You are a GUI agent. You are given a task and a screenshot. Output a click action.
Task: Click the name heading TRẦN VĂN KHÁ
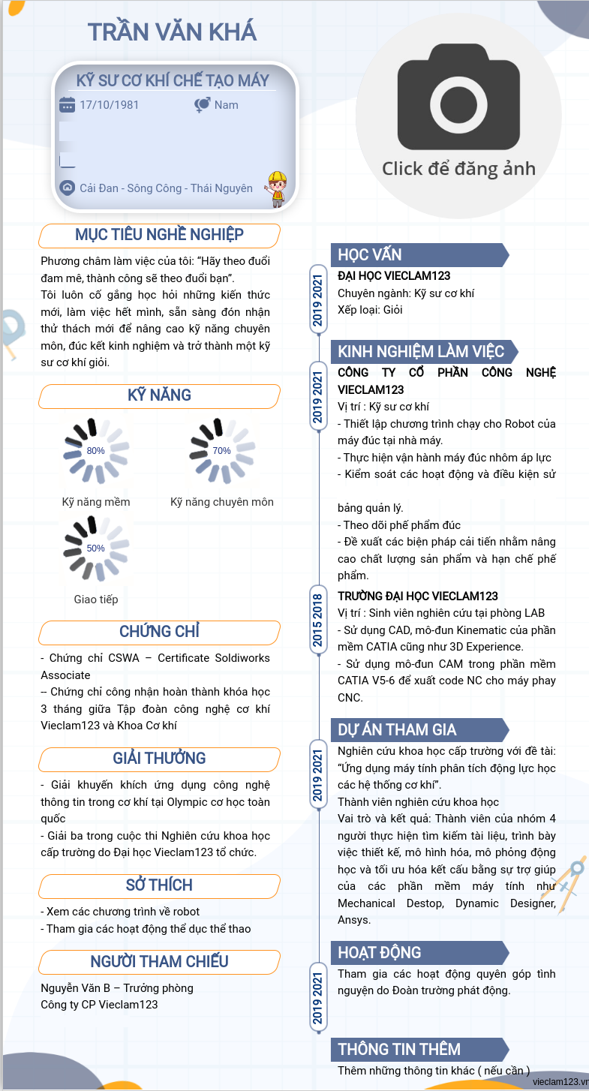172,32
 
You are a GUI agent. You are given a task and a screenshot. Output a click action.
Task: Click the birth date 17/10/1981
110,105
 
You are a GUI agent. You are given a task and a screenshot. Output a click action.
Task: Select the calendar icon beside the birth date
67,105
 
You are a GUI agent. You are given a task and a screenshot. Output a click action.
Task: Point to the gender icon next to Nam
202,105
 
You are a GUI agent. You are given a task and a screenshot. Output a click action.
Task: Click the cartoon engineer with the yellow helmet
277,189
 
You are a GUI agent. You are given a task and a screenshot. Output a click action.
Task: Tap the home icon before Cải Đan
67,188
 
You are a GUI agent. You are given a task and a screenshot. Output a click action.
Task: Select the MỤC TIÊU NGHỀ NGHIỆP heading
159,235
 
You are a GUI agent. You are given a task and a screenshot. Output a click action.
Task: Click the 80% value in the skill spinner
96,451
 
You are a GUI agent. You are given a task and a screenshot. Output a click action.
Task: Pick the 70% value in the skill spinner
222,451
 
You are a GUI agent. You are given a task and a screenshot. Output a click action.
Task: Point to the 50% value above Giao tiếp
96,549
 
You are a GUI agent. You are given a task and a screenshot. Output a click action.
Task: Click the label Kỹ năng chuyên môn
222,502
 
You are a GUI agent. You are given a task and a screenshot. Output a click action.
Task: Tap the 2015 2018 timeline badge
318,621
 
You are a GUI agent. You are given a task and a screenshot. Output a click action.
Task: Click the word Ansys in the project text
354,920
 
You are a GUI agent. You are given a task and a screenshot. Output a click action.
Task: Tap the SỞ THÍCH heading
159,885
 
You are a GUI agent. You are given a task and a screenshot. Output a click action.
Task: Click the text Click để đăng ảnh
458,169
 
